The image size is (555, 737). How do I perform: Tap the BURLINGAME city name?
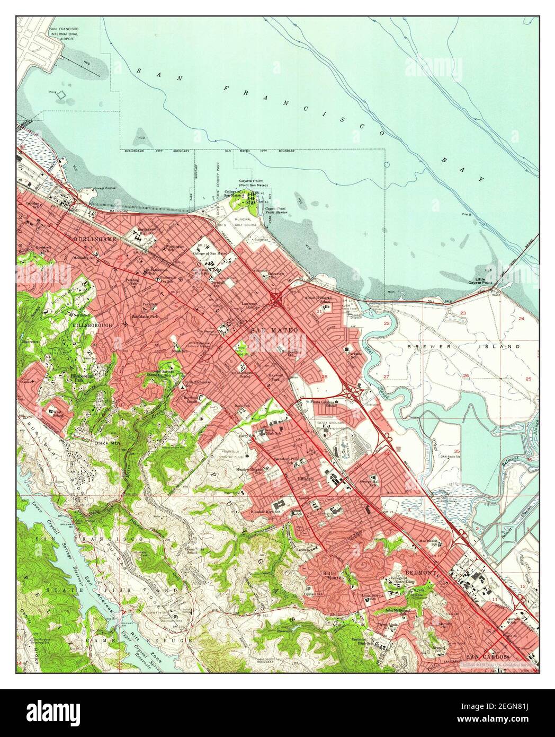(95, 240)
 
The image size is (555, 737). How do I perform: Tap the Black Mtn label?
(106, 442)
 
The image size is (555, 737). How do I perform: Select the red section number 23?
(462, 314)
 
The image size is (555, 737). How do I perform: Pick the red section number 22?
(387, 323)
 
